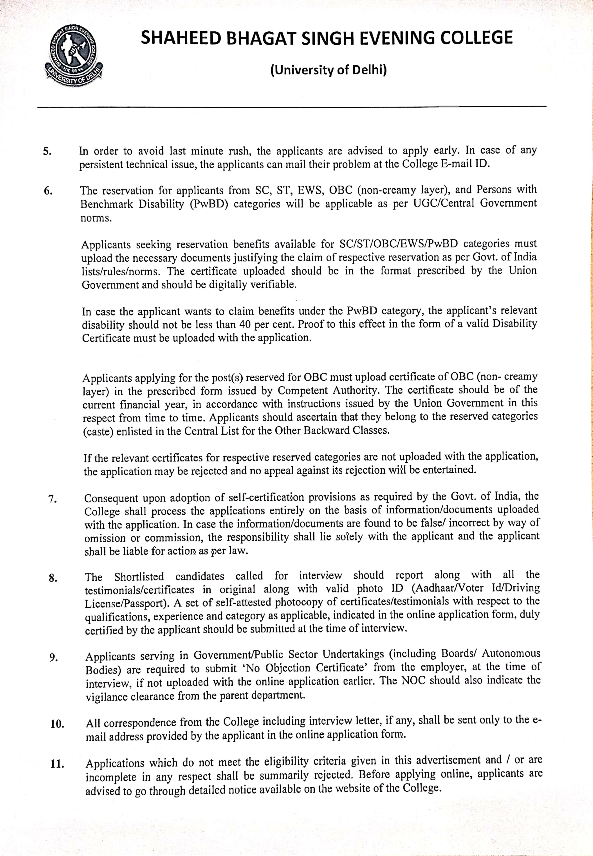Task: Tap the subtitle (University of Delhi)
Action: tap(328, 70)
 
